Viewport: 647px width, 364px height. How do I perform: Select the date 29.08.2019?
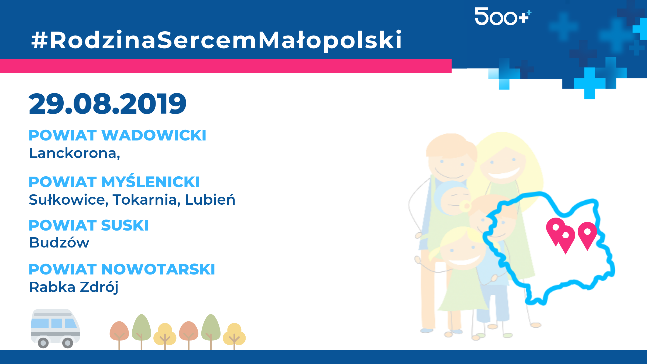pos(107,104)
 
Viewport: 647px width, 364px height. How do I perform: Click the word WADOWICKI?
pos(154,135)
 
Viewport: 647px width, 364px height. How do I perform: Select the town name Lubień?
pos(210,200)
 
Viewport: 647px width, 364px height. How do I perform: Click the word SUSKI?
pos(125,225)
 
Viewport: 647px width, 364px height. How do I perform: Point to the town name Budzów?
pos(59,242)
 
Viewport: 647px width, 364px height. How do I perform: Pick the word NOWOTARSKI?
pos(158,269)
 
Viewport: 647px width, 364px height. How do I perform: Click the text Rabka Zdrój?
pos(74,287)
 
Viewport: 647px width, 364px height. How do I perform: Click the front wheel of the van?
pos(68,343)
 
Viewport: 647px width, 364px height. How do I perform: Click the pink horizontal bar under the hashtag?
pos(226,66)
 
